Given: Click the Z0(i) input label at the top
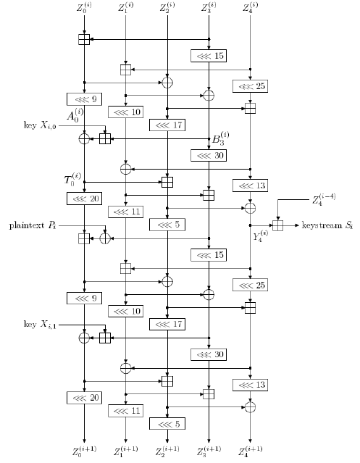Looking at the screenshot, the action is pos(84,7).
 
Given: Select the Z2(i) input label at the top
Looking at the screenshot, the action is pos(167,7).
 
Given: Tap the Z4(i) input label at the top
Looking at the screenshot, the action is pos(250,7).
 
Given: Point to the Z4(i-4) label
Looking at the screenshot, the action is pos(324,199).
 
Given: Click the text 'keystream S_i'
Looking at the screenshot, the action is pos(327,225).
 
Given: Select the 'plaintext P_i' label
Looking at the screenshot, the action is pos(33,226).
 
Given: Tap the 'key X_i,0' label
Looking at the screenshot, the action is pos(40,125).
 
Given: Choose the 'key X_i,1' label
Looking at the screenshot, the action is pos(40,325).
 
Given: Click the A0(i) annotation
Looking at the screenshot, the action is pos(75,115).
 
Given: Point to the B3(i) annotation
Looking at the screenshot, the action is pos(220,138).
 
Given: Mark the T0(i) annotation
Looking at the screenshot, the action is pos(72,179).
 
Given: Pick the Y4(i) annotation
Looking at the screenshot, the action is pos(261,236).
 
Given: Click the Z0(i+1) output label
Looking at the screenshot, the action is pos(85,451).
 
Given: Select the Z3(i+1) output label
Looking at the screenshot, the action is pos(209,451).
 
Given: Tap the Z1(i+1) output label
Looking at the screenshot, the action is pos(126,451).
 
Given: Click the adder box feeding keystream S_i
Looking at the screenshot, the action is pos(277,225).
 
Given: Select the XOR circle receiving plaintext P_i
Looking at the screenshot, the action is pos(105,238).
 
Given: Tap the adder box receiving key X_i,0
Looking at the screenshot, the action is pos(105,139).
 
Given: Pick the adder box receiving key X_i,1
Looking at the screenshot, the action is pos(105,338).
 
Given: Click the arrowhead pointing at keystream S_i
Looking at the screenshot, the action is pos(297,225).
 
